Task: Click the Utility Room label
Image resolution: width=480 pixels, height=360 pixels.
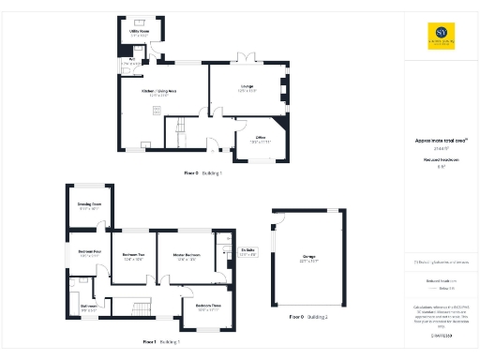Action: pyautogui.click(x=138, y=34)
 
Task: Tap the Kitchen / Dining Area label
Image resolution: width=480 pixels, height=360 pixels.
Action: pyautogui.click(x=160, y=91)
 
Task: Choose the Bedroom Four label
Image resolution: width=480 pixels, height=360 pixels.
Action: pyautogui.click(x=90, y=253)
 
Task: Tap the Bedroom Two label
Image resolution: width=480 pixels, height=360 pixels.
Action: pyautogui.click(x=133, y=256)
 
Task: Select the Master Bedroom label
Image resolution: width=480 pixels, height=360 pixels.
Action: pyautogui.click(x=184, y=256)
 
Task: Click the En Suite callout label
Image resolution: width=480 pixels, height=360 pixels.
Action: pyautogui.click(x=248, y=252)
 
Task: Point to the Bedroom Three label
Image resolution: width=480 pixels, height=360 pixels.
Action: pyautogui.click(x=208, y=307)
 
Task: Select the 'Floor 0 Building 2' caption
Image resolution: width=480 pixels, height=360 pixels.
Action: pyautogui.click(x=308, y=318)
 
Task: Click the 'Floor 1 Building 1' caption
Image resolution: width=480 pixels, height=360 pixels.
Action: pyautogui.click(x=161, y=342)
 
